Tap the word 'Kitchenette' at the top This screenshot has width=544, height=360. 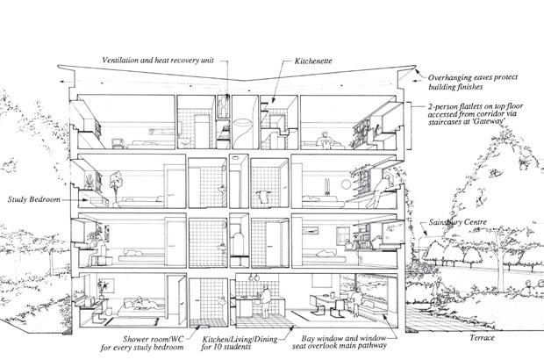(x=310, y=64)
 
